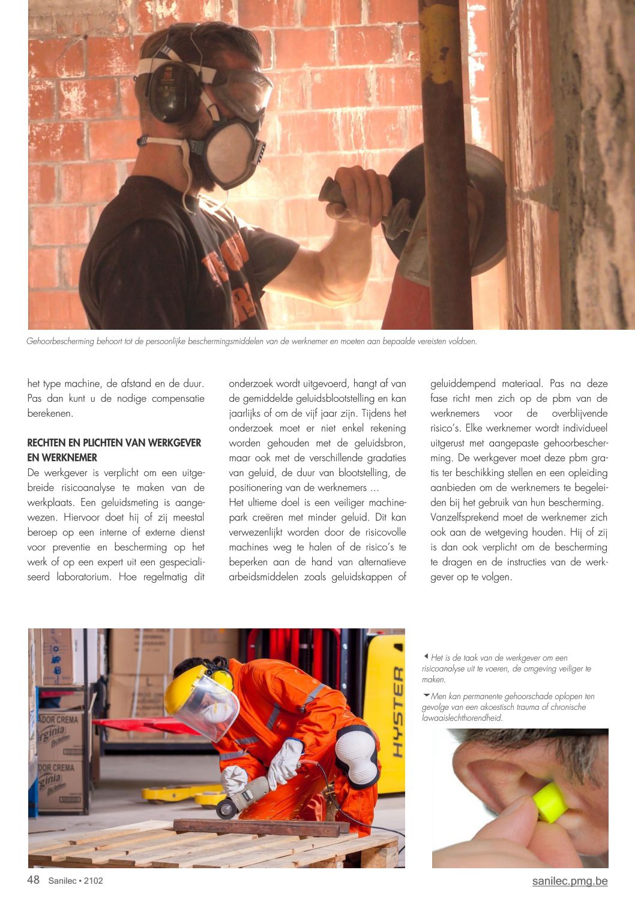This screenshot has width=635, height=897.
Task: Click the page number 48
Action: [34, 880]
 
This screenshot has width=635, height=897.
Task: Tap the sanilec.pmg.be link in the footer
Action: [570, 881]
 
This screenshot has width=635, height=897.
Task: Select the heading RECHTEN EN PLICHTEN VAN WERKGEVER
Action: [114, 443]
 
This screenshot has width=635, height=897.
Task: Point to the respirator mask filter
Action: [232, 153]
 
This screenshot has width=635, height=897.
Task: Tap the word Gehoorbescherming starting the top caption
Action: [61, 342]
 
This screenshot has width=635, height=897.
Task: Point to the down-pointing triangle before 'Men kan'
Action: [426, 696]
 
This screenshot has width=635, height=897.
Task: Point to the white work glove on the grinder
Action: [285, 762]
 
